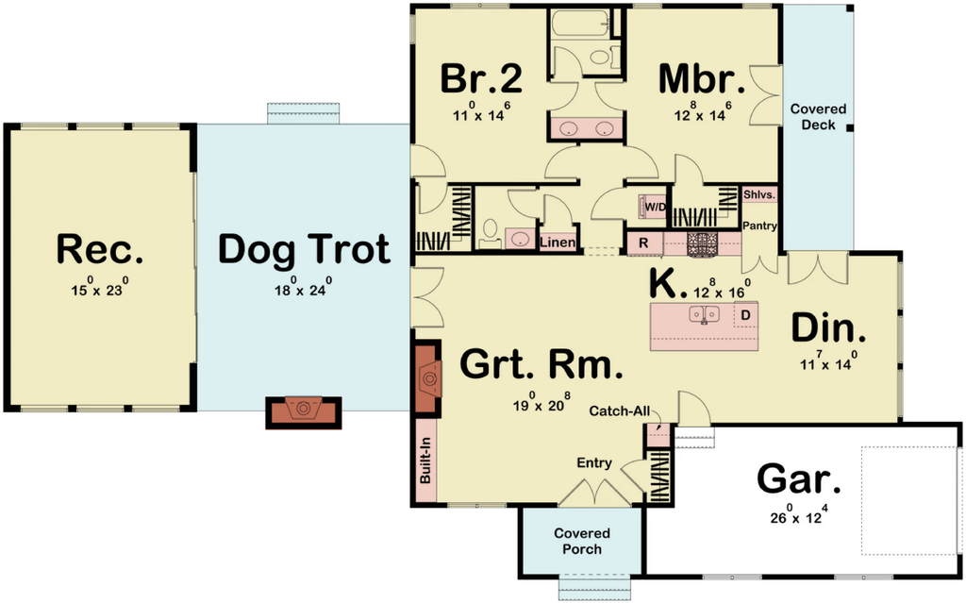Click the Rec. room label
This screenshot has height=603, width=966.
pyautogui.click(x=99, y=249)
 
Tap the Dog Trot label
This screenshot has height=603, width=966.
pyautogui.click(x=304, y=249)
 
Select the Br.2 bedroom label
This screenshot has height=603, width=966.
pyautogui.click(x=482, y=78)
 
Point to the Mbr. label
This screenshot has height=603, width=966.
pyautogui.click(x=702, y=79)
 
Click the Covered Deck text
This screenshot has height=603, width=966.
pyautogui.click(x=818, y=116)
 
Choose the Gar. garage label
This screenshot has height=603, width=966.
pyautogui.click(x=798, y=479)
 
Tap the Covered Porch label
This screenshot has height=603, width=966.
pyautogui.click(x=581, y=541)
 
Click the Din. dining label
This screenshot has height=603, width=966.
pyautogui.click(x=828, y=328)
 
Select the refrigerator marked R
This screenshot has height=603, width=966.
pyautogui.click(x=643, y=243)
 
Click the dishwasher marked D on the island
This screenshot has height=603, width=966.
pyautogui.click(x=745, y=315)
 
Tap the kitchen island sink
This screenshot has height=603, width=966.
pyautogui.click(x=704, y=314)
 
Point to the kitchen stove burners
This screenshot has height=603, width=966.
pyautogui.click(x=699, y=243)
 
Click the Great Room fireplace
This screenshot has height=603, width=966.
pyautogui.click(x=428, y=378)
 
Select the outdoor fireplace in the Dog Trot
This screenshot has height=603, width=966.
pyautogui.click(x=303, y=410)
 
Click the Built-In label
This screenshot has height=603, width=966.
pyautogui.click(x=425, y=461)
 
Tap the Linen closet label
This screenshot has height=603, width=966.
pyautogui.click(x=558, y=243)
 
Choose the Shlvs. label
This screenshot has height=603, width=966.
pyautogui.click(x=759, y=194)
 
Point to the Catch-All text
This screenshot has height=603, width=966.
pyautogui.click(x=620, y=410)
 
